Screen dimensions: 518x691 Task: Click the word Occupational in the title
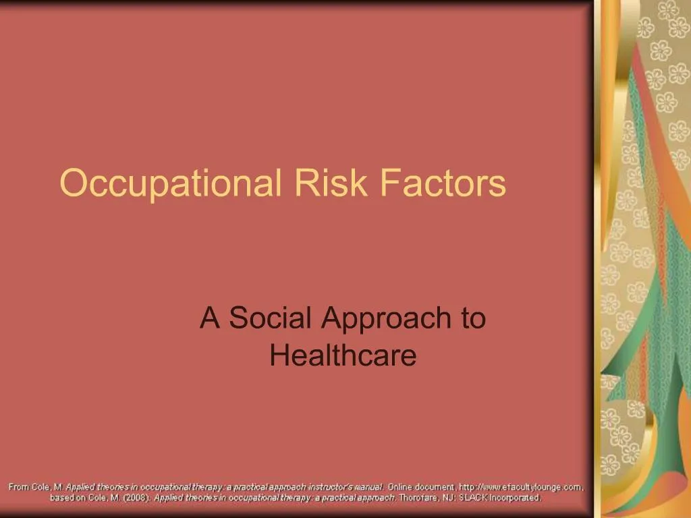172,183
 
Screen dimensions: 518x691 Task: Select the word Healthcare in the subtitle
343,355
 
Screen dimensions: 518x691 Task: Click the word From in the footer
19,486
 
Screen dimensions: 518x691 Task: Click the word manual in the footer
370,486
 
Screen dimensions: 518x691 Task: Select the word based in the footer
63,498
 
